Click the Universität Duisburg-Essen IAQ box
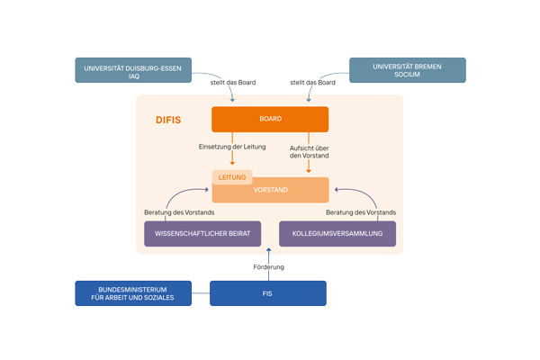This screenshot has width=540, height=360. pyautogui.click(x=133, y=71)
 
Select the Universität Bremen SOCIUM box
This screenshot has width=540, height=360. pyautogui.click(x=407, y=70)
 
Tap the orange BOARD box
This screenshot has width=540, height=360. pyautogui.click(x=270, y=120)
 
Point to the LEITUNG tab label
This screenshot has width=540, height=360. pyautogui.click(x=232, y=177)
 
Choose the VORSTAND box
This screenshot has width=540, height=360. pyautogui.click(x=270, y=190)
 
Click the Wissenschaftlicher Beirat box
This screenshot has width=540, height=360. pyautogui.click(x=202, y=234)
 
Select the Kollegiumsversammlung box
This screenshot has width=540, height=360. pyautogui.click(x=337, y=234)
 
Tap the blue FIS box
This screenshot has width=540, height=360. pyautogui.click(x=268, y=293)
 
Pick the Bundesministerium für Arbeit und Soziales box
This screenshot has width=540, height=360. pyautogui.click(x=133, y=293)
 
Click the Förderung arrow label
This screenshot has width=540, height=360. pyautogui.click(x=268, y=267)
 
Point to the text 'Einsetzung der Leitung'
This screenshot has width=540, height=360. pyautogui.click(x=231, y=147)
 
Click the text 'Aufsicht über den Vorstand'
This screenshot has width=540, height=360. pyautogui.click(x=309, y=151)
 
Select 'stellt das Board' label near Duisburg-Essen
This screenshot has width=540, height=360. pyautogui.click(x=234, y=83)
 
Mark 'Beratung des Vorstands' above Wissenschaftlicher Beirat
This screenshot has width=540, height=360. pyautogui.click(x=180, y=212)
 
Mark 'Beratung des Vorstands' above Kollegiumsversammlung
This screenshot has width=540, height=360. pyautogui.click(x=361, y=212)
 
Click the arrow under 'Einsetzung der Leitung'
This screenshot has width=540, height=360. pyautogui.click(x=232, y=160)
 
